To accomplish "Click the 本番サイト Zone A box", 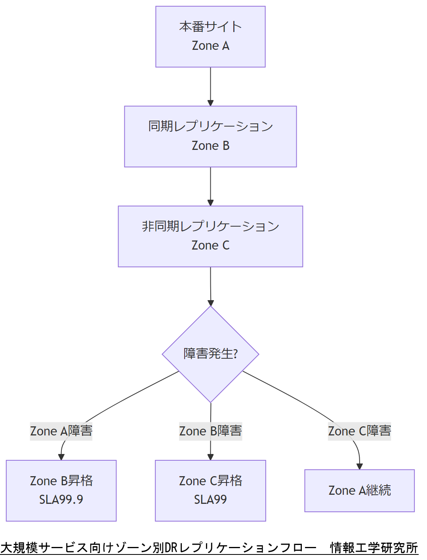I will pyautogui.click(x=210, y=37).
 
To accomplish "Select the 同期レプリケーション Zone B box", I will pyautogui.click(x=210, y=136).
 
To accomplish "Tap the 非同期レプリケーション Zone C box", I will pyautogui.click(x=210, y=236).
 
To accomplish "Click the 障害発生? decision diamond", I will pyautogui.click(x=210, y=354).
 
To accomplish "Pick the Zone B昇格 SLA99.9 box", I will pyautogui.click(x=61, y=490).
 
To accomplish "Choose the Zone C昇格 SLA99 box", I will pyautogui.click(x=210, y=490).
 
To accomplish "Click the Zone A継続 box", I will pyautogui.click(x=359, y=490).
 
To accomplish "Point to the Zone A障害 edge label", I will pyautogui.click(x=61, y=431).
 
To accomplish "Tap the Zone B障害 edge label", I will pyautogui.click(x=210, y=431).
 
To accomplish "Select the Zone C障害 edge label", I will pyautogui.click(x=359, y=431).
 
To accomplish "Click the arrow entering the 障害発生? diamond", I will pyautogui.click(x=210, y=287).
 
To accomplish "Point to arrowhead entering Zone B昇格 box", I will pyautogui.click(x=61, y=457).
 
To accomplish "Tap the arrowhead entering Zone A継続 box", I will pyautogui.click(x=359, y=467).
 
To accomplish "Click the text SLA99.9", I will pyautogui.click(x=61, y=500).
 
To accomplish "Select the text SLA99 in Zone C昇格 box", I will pyautogui.click(x=210, y=500).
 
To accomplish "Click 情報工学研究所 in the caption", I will pyautogui.click(x=374, y=548).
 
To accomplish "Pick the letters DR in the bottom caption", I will pyautogui.click(x=171, y=548).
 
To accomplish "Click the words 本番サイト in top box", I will pyautogui.click(x=210, y=27).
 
